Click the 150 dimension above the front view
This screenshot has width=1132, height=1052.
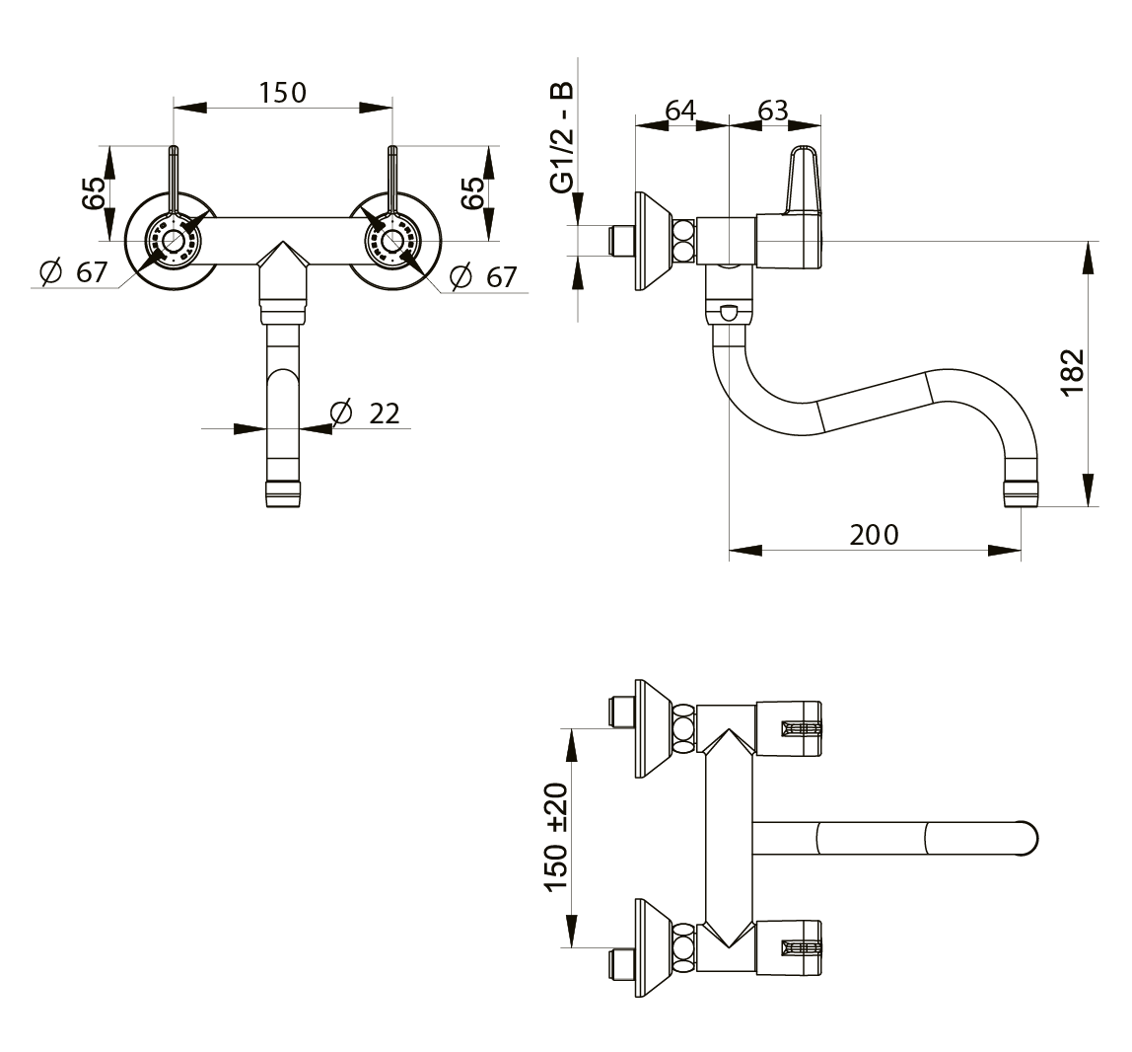coord(283,93)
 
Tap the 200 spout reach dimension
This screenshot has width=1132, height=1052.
coord(874,535)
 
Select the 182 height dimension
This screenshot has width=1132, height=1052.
coord(1074,371)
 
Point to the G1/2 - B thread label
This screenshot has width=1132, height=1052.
coord(562,137)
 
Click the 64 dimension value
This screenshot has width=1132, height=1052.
coord(680,110)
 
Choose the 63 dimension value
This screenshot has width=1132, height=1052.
coord(772,110)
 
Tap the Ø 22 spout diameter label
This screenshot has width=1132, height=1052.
coord(365,413)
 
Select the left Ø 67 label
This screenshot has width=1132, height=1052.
coord(74,271)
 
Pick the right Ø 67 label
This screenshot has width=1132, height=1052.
coord(483,276)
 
